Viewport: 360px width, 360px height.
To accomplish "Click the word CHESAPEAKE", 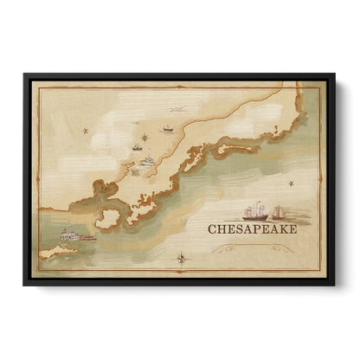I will (x=253, y=229).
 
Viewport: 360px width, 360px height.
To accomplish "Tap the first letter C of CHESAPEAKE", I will (x=213, y=229).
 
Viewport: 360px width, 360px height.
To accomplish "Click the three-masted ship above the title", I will (x=254, y=211).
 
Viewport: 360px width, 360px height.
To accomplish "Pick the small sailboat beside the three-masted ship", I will (x=278, y=212).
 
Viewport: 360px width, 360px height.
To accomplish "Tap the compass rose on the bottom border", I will (x=182, y=257).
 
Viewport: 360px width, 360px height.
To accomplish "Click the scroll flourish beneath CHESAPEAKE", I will (x=253, y=247).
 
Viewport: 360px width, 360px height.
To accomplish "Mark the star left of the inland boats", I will (x=85, y=131).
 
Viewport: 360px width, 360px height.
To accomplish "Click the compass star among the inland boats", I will (x=144, y=136).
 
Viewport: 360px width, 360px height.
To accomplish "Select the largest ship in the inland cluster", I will (x=147, y=160).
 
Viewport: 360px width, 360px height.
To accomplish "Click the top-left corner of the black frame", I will (x=23, y=73).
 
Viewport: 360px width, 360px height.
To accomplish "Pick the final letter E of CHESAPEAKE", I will (x=292, y=229).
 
